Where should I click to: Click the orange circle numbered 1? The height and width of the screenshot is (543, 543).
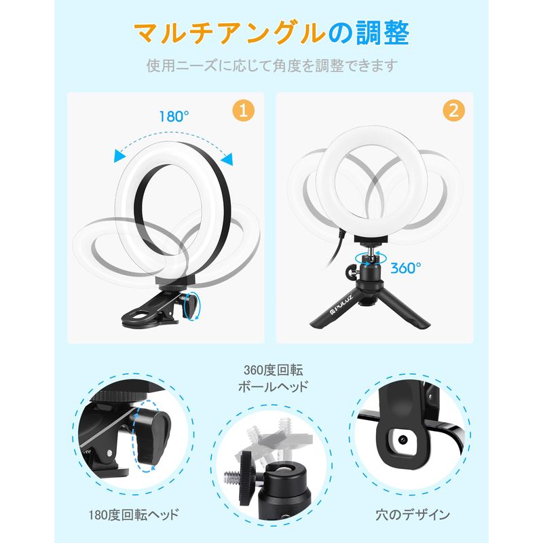click(x=244, y=111)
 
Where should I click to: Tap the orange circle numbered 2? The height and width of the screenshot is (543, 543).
click(x=453, y=111)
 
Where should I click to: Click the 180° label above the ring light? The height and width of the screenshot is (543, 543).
click(x=174, y=116)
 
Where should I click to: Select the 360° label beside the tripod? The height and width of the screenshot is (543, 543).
click(x=406, y=267)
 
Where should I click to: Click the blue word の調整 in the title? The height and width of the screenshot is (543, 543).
click(x=369, y=33)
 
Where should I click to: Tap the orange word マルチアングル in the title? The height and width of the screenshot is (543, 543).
click(x=230, y=33)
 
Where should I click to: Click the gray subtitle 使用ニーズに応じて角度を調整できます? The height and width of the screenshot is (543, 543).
click(x=271, y=65)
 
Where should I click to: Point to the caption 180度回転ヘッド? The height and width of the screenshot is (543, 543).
click(x=134, y=514)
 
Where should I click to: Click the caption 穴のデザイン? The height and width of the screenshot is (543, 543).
click(x=413, y=514)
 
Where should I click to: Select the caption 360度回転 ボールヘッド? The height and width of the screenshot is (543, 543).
click(x=273, y=378)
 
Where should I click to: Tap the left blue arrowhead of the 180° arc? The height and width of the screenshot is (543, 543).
click(x=120, y=155)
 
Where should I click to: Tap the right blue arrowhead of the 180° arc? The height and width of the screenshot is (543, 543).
click(x=227, y=159)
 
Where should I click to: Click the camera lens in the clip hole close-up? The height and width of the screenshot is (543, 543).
click(x=402, y=440)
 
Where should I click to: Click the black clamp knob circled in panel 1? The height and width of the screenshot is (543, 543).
click(x=191, y=304)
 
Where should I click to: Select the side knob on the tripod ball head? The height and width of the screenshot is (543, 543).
click(x=351, y=269)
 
